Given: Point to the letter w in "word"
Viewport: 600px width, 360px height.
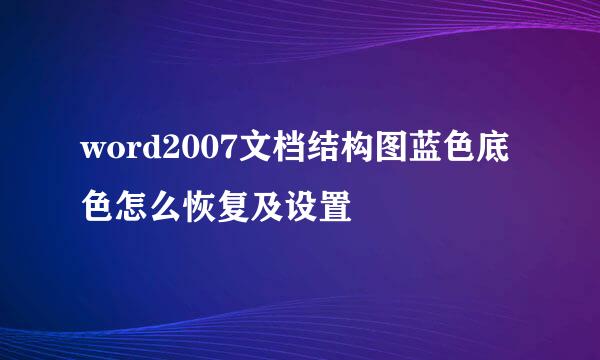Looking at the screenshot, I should (92, 153).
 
